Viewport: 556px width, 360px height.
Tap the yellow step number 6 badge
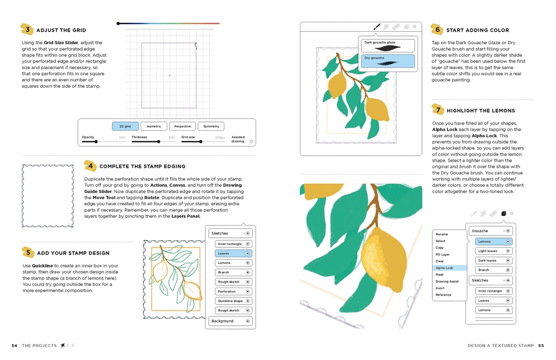(437, 29)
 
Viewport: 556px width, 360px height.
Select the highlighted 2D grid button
(125, 126)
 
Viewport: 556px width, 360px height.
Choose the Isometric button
(154, 126)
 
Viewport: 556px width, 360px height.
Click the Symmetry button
(211, 126)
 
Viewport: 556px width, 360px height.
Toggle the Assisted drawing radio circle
(251, 142)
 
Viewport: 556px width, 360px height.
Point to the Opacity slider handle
(96, 142)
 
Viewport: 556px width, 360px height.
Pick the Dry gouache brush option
(388, 60)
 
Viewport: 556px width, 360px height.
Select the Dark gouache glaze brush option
(388, 45)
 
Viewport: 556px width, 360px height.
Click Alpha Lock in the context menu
(449, 268)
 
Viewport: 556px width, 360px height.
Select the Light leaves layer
(493, 251)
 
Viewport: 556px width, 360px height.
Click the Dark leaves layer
(493, 260)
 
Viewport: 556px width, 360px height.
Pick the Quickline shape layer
(233, 301)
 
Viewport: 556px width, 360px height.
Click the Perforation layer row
(233, 291)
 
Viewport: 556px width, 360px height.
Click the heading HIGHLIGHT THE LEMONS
(480, 111)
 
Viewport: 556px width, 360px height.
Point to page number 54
(15, 345)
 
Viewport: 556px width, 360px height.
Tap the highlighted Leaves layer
(233, 253)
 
